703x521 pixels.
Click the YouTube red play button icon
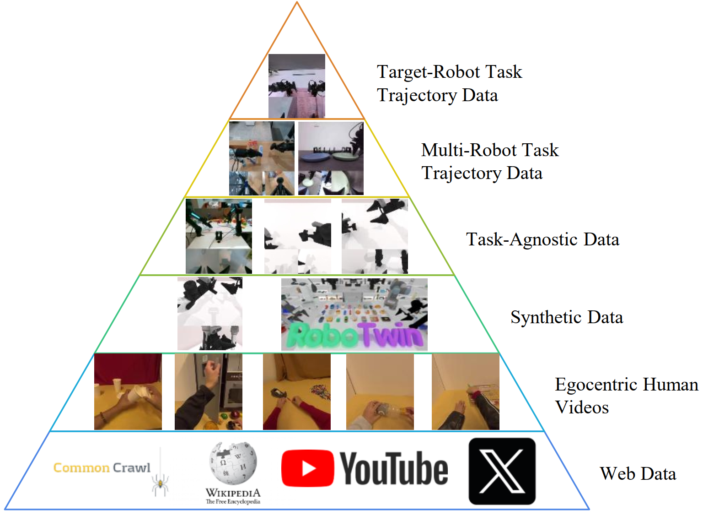(307, 468)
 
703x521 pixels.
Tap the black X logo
(502, 471)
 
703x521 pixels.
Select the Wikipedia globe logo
(233, 463)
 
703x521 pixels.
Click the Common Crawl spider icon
(160, 483)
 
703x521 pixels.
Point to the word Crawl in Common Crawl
(131, 467)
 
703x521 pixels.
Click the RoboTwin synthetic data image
(354, 315)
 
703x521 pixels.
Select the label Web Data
(638, 474)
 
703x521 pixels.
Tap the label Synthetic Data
(566, 317)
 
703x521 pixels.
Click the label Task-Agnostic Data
(542, 239)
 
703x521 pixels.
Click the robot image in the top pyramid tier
(296, 86)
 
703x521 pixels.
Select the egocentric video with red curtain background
(128, 391)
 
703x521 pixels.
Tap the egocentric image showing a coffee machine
(208, 391)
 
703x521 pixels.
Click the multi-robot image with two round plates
(331, 158)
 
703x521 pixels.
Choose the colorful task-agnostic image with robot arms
(219, 236)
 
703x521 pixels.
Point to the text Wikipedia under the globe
(233, 493)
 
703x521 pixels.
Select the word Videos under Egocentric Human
(582, 407)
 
